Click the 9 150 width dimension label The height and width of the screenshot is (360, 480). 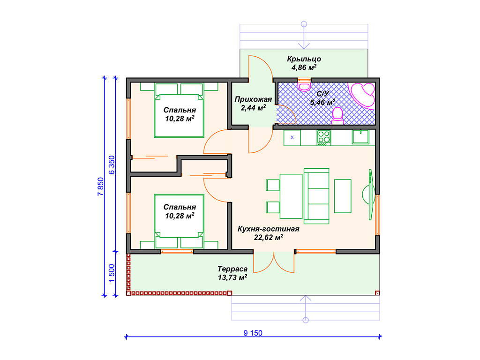pos(253,333)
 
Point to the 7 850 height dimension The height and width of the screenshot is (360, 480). pos(101,187)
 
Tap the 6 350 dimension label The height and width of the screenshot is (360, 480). pos(112,165)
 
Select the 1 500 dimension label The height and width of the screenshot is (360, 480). pos(112,273)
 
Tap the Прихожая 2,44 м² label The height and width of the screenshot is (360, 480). pos(253,104)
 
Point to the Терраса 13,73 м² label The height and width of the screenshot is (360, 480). pos(232,273)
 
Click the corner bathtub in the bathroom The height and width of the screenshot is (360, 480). pos(363,94)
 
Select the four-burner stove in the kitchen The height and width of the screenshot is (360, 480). pos(324,137)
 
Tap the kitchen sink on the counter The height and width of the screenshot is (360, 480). pos(360,136)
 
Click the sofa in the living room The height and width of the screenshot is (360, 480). pos(316,196)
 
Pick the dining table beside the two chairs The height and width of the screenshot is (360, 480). pos(291,196)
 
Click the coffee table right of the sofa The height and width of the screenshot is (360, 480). pos(343,196)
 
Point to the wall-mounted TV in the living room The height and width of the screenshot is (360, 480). pos(371,195)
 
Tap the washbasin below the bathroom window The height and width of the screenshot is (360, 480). pos(304,85)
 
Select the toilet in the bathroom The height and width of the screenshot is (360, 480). pos(337,116)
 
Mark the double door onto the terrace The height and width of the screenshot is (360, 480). pos(274,262)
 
